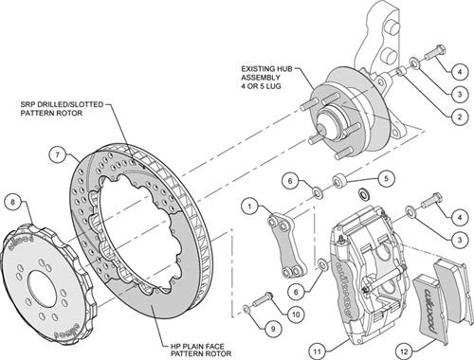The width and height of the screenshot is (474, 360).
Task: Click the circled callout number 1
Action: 249,207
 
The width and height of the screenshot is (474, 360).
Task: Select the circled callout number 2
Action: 459,117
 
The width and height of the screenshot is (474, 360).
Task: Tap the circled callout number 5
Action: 386,179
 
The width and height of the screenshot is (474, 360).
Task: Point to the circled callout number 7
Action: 58,155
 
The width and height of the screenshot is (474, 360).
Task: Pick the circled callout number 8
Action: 13,202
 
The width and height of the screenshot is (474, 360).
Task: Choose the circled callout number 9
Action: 273,329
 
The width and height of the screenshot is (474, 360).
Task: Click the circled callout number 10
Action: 296,315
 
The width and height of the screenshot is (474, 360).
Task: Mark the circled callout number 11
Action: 318,351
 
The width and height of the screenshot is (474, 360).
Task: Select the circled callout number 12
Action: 404,351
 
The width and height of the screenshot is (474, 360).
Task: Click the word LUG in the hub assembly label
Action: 274,86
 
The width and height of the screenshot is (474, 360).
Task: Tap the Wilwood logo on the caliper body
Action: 344,288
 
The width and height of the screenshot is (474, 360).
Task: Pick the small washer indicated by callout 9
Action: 246,308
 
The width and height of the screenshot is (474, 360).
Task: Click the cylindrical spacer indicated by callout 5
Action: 339,181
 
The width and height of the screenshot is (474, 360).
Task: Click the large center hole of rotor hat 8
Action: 42,288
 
